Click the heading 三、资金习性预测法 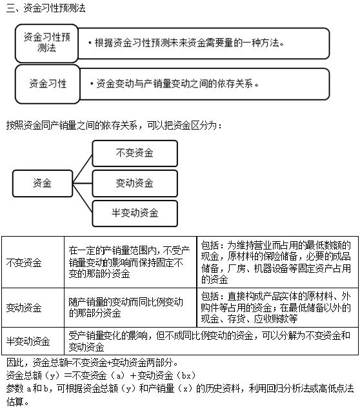pyautogui.click(x=46, y=8)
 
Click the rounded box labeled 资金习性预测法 pyautogui.click(x=46, y=43)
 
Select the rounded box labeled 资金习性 pyautogui.click(x=48, y=84)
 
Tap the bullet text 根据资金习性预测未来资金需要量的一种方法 pyautogui.click(x=186, y=43)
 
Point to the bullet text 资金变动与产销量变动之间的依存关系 pyautogui.click(x=174, y=84)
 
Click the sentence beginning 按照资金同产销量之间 pyautogui.click(x=114, y=125)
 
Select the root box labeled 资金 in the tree pyautogui.click(x=43, y=183)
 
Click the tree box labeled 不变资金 pyautogui.click(x=135, y=153)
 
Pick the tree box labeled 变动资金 pyautogui.click(x=135, y=183)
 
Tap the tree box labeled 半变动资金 pyautogui.click(x=135, y=213)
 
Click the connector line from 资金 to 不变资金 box pyautogui.click(x=83, y=169)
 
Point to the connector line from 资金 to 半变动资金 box pyautogui.click(x=83, y=198)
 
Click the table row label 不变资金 pyautogui.click(x=24, y=262)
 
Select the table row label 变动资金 pyautogui.click(x=24, y=308)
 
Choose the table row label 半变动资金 pyautogui.click(x=28, y=341)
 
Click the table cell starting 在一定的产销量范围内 pyautogui.click(x=130, y=262)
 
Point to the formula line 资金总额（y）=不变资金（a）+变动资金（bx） pyautogui.click(x=101, y=375)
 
